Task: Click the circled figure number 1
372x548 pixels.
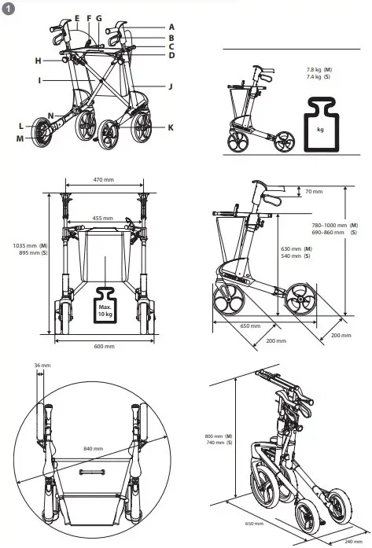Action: (x=8, y=8)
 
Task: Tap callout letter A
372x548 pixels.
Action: (x=171, y=26)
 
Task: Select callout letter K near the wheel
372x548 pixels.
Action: (x=170, y=127)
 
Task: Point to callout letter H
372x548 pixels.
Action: (x=37, y=61)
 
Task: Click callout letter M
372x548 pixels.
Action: (x=20, y=138)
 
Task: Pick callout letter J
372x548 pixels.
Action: (x=170, y=86)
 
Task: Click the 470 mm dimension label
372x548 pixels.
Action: (x=104, y=180)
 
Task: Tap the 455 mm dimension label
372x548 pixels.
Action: (x=102, y=218)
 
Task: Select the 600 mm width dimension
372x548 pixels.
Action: (x=104, y=346)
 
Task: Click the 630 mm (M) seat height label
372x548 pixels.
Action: (x=296, y=249)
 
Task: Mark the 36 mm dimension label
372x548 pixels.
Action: (x=42, y=365)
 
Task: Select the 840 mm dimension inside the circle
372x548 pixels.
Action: (x=93, y=448)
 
